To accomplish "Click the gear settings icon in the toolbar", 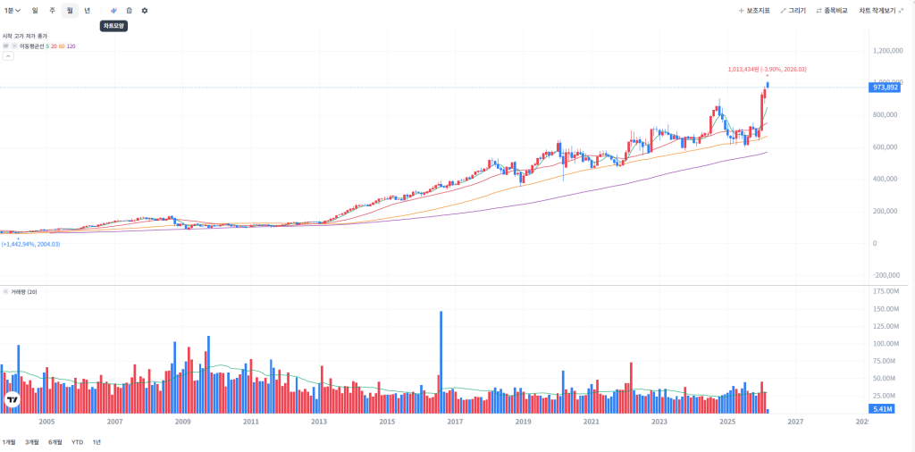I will point(145,11).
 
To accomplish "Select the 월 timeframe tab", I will point(70,11).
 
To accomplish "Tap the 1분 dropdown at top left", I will point(12,11).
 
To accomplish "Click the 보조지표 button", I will point(754,11).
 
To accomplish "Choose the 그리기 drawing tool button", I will point(793,11).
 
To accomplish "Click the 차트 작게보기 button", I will point(880,11).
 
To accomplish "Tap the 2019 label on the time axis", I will point(523,421).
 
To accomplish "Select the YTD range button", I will point(78,442).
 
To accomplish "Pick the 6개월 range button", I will point(55,442).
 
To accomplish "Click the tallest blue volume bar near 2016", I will point(441,357).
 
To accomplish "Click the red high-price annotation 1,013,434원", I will point(767,69).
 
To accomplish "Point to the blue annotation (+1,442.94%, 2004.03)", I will point(31,244).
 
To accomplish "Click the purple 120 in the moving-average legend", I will point(71,46).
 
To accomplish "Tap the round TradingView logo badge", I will point(13,400).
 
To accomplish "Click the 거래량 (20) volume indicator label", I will point(23,292).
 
